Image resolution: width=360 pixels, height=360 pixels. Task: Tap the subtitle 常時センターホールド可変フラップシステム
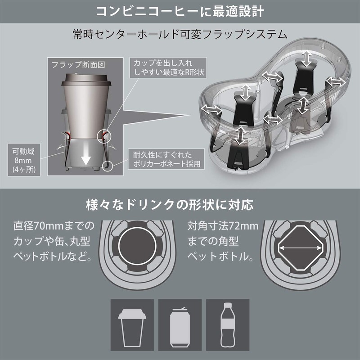180,34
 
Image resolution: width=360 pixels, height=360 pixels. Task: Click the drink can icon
180,323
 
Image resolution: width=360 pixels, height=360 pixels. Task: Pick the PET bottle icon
228,323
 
